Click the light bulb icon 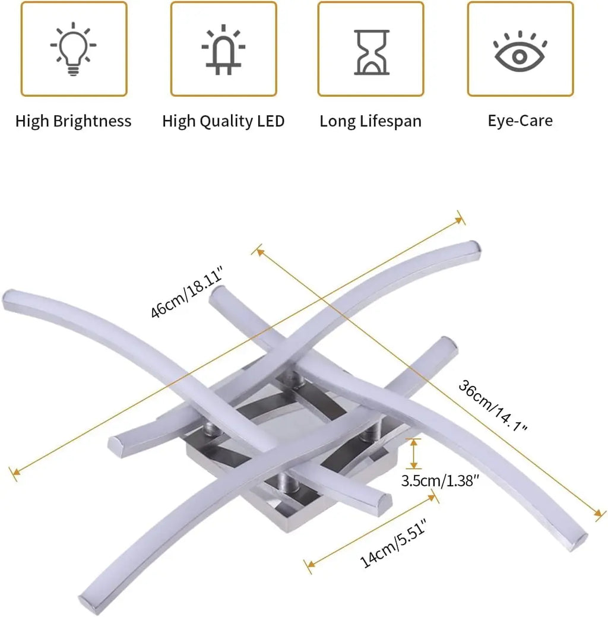pos(73,49)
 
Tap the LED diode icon pos(223,49)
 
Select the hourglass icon pos(372,52)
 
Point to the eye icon pos(520,52)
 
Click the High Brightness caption pos(73,121)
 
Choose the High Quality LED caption pos(223,121)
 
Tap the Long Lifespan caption pos(370,121)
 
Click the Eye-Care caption pos(520,121)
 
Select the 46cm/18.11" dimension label pos(186,292)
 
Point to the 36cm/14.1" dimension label pos(493,406)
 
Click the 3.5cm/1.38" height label pos(440,480)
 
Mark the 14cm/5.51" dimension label pos(393,543)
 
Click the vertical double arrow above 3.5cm pos(413,454)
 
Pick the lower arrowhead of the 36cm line pos(599,513)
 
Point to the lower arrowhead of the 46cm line pos(15,472)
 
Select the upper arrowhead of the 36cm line pos(258,251)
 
